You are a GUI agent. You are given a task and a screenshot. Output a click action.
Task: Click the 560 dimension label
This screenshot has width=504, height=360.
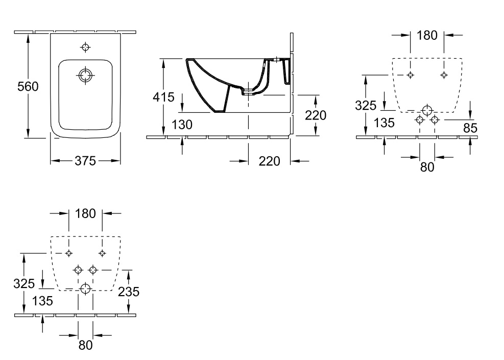point(28,86)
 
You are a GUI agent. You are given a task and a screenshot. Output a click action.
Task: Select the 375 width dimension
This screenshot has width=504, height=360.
point(85,161)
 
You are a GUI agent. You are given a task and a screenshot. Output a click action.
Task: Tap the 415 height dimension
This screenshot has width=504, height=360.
point(163,97)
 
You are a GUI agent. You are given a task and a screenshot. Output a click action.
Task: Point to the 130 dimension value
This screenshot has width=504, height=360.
point(182,125)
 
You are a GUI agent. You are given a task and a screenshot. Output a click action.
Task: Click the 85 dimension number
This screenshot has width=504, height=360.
point(470,128)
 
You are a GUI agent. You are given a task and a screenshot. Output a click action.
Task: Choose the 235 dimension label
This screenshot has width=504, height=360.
point(129,292)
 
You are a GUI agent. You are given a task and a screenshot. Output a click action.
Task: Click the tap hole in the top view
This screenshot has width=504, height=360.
point(85,47)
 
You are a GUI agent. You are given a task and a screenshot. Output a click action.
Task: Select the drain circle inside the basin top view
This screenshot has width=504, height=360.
point(85,76)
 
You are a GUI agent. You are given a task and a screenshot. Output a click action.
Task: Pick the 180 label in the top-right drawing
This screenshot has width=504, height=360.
point(427,35)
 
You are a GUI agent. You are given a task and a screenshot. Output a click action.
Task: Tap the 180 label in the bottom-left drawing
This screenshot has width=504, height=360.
point(85,213)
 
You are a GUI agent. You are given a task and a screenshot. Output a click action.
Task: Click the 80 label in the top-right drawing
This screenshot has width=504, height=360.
point(427,167)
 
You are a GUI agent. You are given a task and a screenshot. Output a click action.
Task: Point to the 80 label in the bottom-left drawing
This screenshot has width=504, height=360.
point(85,345)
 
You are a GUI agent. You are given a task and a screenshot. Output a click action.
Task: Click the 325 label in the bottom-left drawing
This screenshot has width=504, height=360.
point(24,283)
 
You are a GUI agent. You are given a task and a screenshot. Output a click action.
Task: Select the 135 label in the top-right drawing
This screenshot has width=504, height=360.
point(385,123)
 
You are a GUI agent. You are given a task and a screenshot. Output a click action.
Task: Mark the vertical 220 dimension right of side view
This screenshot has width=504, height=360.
point(316,115)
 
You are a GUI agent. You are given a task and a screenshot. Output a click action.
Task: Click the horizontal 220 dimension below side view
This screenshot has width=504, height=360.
point(269,161)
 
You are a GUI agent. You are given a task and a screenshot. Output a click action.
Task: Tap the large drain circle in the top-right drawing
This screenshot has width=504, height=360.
point(427,110)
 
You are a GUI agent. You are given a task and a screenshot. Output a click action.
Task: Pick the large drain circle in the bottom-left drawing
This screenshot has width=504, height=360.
point(85,289)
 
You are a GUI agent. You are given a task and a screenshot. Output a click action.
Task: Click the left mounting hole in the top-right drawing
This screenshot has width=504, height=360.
point(410,75)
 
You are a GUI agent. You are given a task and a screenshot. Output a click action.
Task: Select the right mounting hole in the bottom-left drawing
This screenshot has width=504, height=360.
point(102,253)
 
